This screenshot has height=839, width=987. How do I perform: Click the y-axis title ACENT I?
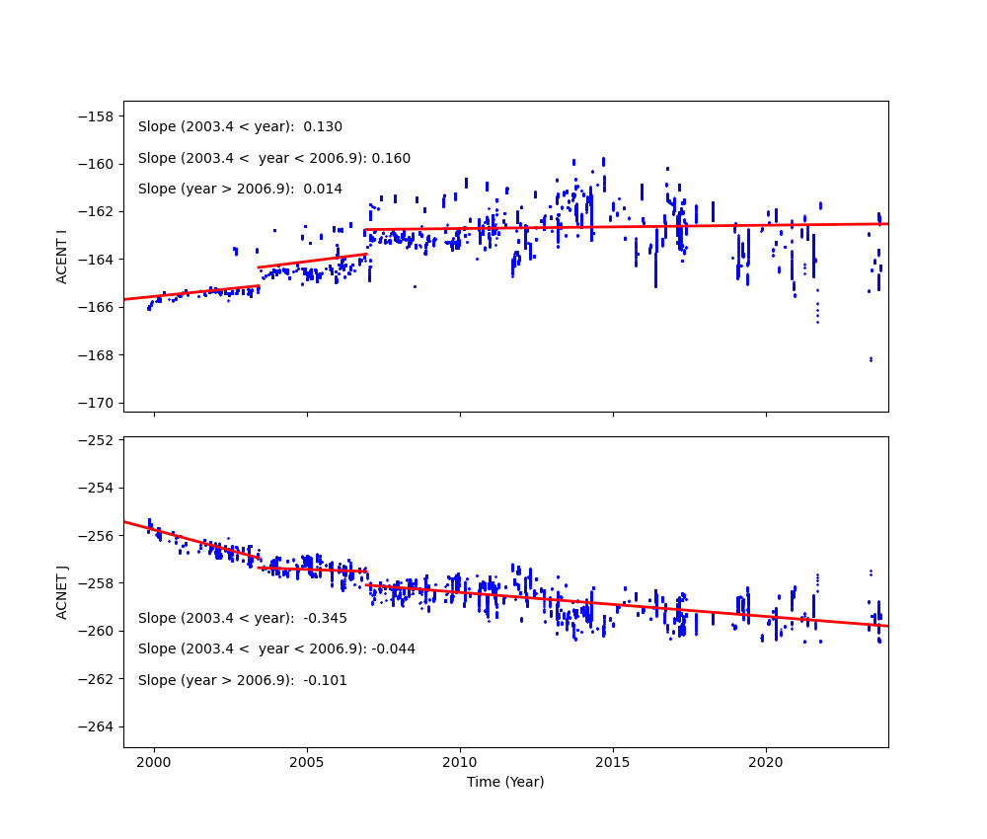click(61, 257)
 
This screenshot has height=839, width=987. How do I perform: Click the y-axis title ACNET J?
click(61, 592)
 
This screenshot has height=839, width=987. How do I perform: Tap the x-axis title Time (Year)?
click(505, 782)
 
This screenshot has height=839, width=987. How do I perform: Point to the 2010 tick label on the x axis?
click(460, 762)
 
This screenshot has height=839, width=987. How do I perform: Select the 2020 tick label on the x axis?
click(766, 762)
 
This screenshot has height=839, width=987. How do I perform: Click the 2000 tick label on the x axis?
click(154, 762)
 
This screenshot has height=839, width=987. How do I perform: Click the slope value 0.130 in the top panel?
click(323, 127)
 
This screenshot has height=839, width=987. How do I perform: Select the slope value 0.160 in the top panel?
click(391, 158)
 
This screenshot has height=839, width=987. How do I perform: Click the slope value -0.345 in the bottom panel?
click(325, 618)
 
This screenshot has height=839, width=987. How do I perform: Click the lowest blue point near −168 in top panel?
click(871, 359)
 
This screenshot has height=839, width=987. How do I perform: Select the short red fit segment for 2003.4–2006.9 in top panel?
click(312, 261)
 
